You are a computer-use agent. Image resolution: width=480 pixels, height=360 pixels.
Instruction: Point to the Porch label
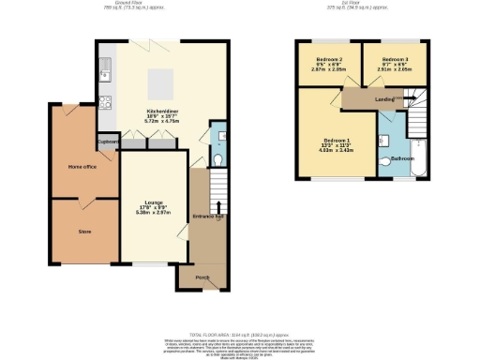[x=201, y=277]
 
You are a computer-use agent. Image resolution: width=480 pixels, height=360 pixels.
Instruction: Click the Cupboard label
[x=107, y=142]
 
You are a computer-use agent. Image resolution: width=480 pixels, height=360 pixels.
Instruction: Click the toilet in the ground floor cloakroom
[x=215, y=160]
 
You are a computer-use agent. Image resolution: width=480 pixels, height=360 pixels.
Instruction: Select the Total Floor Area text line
[x=239, y=335]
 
